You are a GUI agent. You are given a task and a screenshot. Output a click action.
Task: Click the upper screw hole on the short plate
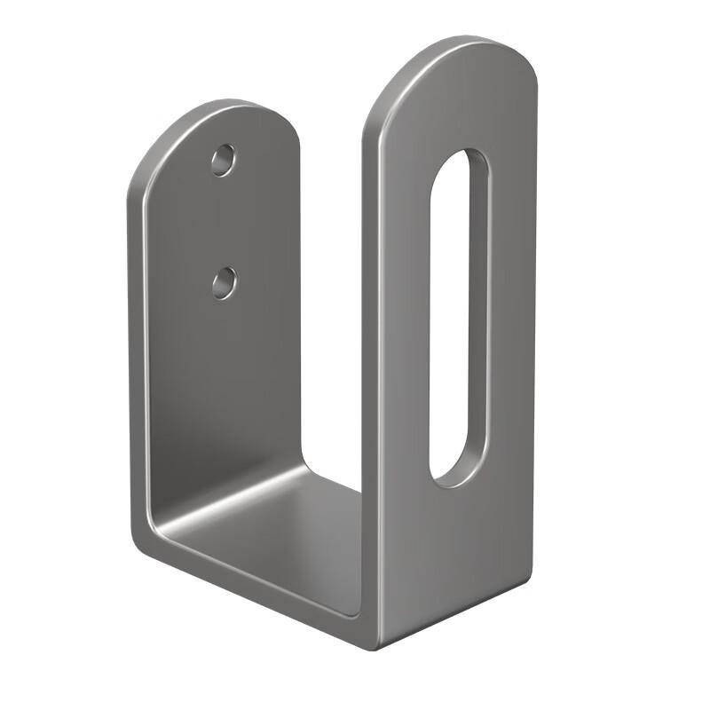pyautogui.click(x=224, y=161)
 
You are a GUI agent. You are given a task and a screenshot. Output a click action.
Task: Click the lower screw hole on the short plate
pyautogui.click(x=225, y=283)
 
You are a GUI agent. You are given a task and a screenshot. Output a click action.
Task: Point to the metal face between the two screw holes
pyautogui.click(x=224, y=222)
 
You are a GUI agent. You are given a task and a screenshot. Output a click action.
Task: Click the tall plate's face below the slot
pyautogui.click(x=453, y=550)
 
